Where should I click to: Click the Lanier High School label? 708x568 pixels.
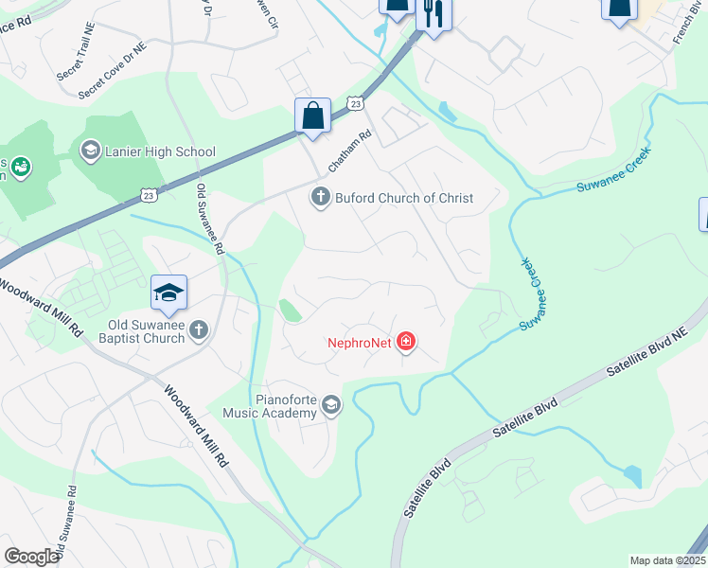[161, 151]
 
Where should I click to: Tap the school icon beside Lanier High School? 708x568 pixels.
[90, 151]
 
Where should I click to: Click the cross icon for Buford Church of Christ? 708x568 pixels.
[320, 197]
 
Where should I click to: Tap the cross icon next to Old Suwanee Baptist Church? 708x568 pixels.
[198, 329]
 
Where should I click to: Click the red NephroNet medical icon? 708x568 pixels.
[406, 341]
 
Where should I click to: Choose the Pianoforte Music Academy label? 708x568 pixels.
[270, 406]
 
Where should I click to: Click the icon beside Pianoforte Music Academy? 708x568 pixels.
[330, 405]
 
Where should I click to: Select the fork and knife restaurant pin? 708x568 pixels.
[434, 13]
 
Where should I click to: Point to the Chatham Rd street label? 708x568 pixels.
[346, 151]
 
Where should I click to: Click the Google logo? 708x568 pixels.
[30, 557]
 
